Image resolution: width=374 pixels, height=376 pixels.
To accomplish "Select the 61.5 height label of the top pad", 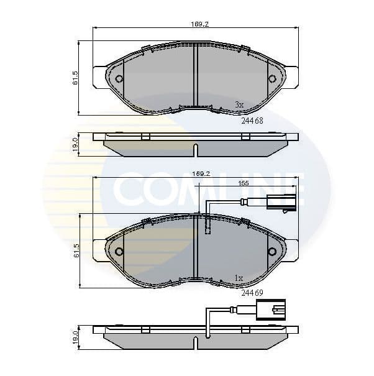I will point(75,78).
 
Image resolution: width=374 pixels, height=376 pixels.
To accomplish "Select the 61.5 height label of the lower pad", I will point(75,250).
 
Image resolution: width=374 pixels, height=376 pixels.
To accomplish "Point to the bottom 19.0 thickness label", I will point(75,337).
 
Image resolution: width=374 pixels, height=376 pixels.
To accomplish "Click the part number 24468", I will point(252,121).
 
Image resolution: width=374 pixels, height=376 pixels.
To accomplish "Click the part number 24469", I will point(252,293).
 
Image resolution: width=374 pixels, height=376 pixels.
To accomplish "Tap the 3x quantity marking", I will point(239,104).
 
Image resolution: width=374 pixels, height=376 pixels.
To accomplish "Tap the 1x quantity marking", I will point(239,277).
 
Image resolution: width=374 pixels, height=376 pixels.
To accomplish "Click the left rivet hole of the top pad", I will point(119,79).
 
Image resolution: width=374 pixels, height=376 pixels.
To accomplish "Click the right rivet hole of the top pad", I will point(271,79).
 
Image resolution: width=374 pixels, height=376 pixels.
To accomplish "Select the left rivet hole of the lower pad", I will point(119,251).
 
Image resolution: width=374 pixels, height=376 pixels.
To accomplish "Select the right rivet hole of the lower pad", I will point(271,251).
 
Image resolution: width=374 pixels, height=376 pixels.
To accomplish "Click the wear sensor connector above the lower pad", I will point(281,202).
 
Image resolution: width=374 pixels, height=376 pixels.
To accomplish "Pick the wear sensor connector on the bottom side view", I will point(271,310).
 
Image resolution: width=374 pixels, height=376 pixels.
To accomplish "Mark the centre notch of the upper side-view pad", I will point(195,150).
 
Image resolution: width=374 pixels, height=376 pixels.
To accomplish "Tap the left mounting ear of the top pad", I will point(99,76).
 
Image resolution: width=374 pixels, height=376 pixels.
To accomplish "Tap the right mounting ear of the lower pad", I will point(291,249).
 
